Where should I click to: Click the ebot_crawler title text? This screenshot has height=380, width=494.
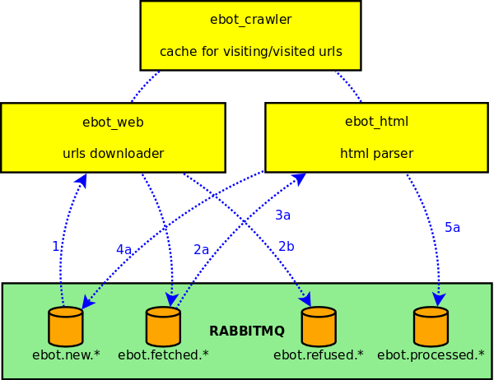[x=250, y=20]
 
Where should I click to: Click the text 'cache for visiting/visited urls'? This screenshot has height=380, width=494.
[x=250, y=52]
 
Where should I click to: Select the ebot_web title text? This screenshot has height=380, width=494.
[x=113, y=122]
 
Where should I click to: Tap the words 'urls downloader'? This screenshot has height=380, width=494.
[x=113, y=153]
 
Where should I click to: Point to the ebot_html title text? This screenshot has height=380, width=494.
[x=376, y=122]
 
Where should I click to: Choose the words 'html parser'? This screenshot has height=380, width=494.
[x=376, y=153]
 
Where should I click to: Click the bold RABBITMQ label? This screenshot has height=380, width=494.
[x=247, y=331]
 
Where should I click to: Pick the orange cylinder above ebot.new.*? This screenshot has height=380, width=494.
[x=66, y=327]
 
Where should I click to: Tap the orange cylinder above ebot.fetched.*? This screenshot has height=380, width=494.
[x=163, y=327]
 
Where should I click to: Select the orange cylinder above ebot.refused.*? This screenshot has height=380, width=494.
[x=319, y=327]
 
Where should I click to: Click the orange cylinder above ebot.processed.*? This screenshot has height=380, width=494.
[x=431, y=327]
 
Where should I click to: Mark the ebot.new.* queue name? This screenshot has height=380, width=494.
[x=66, y=355]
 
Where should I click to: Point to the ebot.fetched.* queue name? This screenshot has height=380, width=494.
[x=163, y=355]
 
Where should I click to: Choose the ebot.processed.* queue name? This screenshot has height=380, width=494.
[x=431, y=355]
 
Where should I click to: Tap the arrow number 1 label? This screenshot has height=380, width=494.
[x=55, y=246]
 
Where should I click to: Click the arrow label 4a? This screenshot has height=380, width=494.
[x=123, y=249]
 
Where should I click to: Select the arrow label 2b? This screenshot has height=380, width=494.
[x=286, y=246]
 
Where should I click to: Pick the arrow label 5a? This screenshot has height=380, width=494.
[x=452, y=227]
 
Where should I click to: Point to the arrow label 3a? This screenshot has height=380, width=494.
[x=282, y=215]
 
